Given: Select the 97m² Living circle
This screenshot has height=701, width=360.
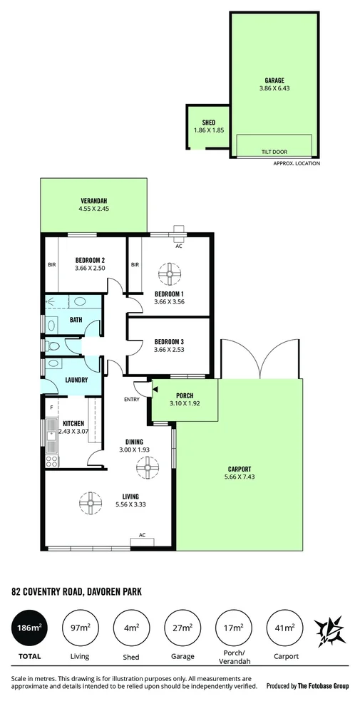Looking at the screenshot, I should (x=80, y=627).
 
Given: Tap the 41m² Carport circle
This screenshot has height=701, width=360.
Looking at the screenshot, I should (x=283, y=627).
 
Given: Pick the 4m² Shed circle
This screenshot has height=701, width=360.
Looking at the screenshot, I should (x=130, y=627).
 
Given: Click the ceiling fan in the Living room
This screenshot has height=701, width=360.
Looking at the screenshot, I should (x=90, y=502).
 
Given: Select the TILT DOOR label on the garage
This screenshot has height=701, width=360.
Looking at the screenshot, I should (x=274, y=151).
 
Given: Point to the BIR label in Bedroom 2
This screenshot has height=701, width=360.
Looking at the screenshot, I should (x=51, y=264).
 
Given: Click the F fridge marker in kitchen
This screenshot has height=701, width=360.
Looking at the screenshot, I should (x=51, y=408).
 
